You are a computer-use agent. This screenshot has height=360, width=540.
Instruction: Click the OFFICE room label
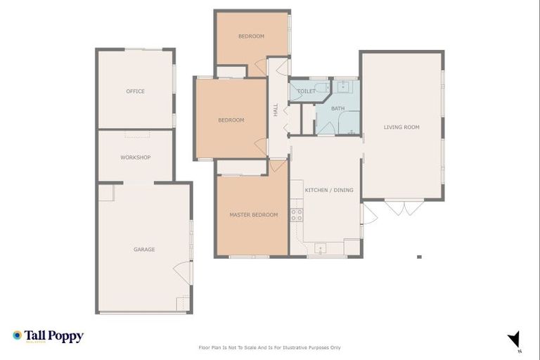(x=135, y=91)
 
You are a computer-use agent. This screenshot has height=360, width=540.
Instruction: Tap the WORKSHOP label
(x=135, y=157)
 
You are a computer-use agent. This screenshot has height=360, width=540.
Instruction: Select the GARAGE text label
(x=144, y=250)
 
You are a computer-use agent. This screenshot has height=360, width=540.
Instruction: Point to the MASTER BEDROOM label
(x=253, y=215)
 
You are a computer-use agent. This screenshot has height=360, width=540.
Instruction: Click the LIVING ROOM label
(x=401, y=127)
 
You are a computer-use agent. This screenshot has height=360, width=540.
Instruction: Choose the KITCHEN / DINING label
(x=329, y=191)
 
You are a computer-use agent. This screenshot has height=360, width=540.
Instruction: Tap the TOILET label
(x=306, y=91)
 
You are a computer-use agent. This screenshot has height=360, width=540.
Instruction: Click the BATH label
(x=338, y=108)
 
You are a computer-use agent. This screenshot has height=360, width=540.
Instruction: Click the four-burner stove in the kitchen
(x=297, y=215)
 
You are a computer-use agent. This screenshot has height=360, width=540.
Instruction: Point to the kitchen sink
(x=321, y=248)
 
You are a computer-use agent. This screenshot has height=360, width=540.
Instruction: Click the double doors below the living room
(x=404, y=208)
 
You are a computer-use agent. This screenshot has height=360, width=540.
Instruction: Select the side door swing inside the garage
(x=181, y=271)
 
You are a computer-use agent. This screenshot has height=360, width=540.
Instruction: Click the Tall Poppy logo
(x=48, y=336)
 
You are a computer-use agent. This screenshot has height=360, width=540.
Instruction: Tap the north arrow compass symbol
(x=514, y=339)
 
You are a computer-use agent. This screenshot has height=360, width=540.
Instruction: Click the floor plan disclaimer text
(x=270, y=347)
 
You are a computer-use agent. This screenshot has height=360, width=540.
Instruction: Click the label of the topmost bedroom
(x=251, y=37)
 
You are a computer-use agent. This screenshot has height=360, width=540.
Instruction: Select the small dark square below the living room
(x=419, y=257)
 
